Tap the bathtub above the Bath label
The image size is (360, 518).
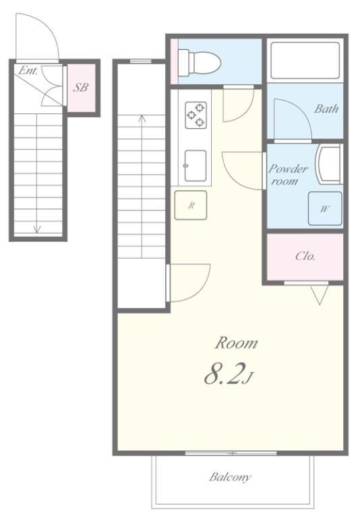point(305,61)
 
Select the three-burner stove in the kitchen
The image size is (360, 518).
point(196,115)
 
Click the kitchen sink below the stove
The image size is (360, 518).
point(196,166)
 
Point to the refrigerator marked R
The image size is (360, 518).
point(191,205)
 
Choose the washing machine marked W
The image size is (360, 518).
point(325,209)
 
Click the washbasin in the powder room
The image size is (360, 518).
point(328,164)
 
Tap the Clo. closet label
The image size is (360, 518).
point(305,256)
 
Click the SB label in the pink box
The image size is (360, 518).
point(81,88)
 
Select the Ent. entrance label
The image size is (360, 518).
point(28,70)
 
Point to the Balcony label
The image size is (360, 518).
point(230,477)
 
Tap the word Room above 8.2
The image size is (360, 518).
point(236,343)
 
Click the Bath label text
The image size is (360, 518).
point(326,109)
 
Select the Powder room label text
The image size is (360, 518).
point(288,175)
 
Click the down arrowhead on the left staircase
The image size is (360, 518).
point(36,229)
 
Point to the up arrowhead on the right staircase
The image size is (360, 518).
point(142,118)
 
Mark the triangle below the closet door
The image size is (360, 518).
point(320,295)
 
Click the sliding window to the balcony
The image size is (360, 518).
point(231,453)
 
